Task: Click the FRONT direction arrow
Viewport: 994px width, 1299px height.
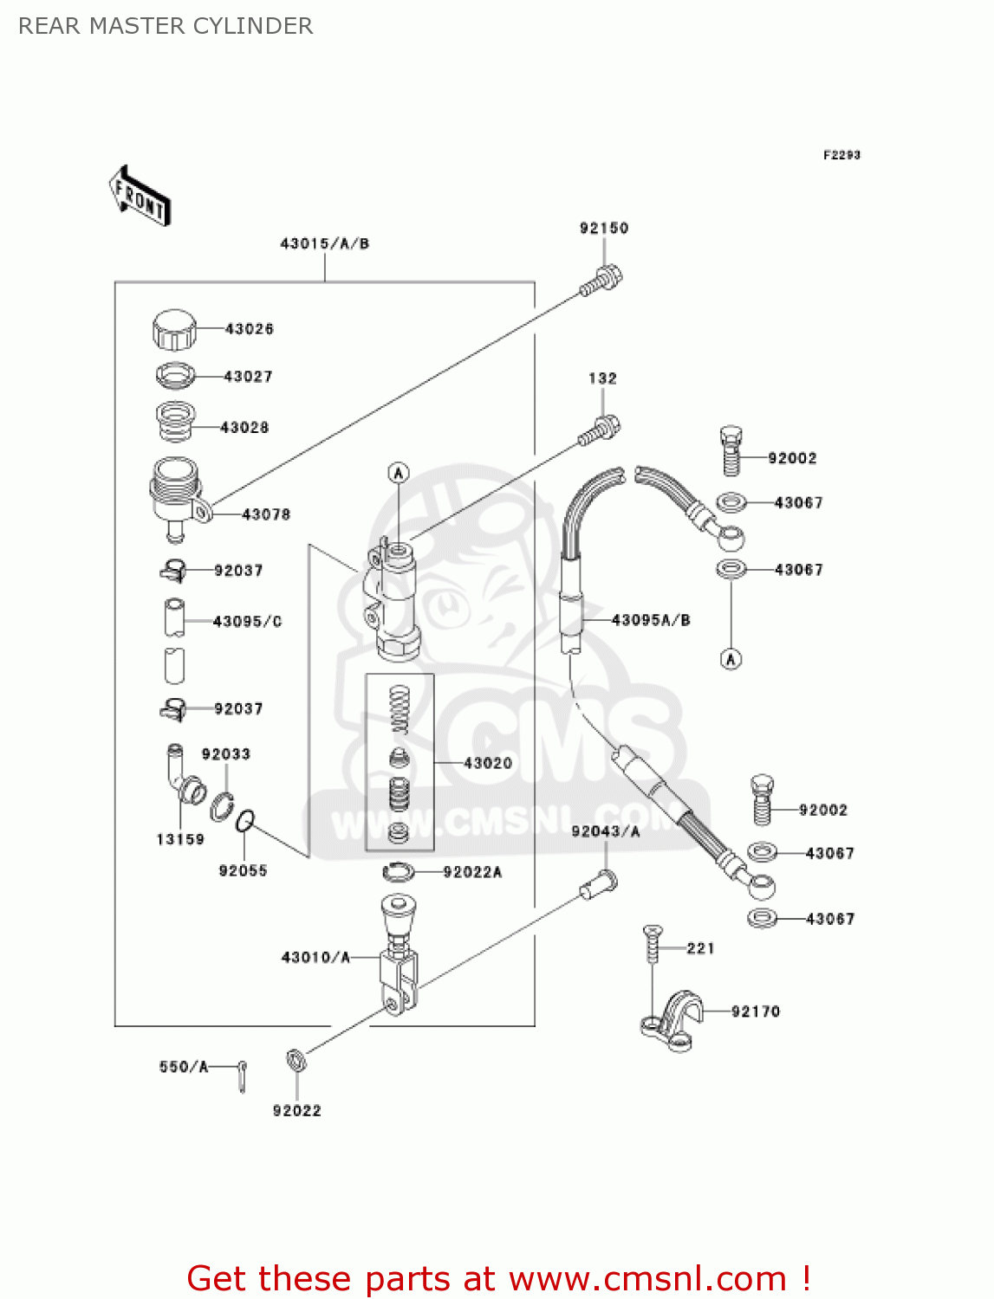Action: tap(140, 196)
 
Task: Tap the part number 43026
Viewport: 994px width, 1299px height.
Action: tap(250, 329)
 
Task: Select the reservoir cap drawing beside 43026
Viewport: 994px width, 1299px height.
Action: tap(174, 329)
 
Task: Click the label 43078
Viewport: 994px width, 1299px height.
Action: tap(266, 514)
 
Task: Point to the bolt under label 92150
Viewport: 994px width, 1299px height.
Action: tap(601, 281)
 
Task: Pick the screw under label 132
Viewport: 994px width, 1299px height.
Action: tap(599, 430)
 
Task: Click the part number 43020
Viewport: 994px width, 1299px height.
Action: tap(488, 763)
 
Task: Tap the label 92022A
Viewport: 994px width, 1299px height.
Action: tap(472, 872)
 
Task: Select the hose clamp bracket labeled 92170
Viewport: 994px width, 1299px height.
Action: tap(672, 1020)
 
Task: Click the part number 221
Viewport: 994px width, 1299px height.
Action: tap(700, 948)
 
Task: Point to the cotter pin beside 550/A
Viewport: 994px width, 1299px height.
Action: tap(242, 1076)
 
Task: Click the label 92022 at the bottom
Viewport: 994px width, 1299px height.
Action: tap(296, 1110)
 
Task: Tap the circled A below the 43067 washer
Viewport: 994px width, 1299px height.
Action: tap(731, 659)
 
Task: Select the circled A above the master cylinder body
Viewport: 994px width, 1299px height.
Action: tap(399, 473)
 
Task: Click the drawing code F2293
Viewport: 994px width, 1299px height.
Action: tap(841, 155)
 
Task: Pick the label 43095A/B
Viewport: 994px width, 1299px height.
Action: tap(651, 619)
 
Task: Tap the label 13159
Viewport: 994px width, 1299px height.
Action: tap(180, 839)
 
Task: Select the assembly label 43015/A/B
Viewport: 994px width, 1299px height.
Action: tap(324, 243)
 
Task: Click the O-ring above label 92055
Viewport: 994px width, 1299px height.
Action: tap(245, 820)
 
